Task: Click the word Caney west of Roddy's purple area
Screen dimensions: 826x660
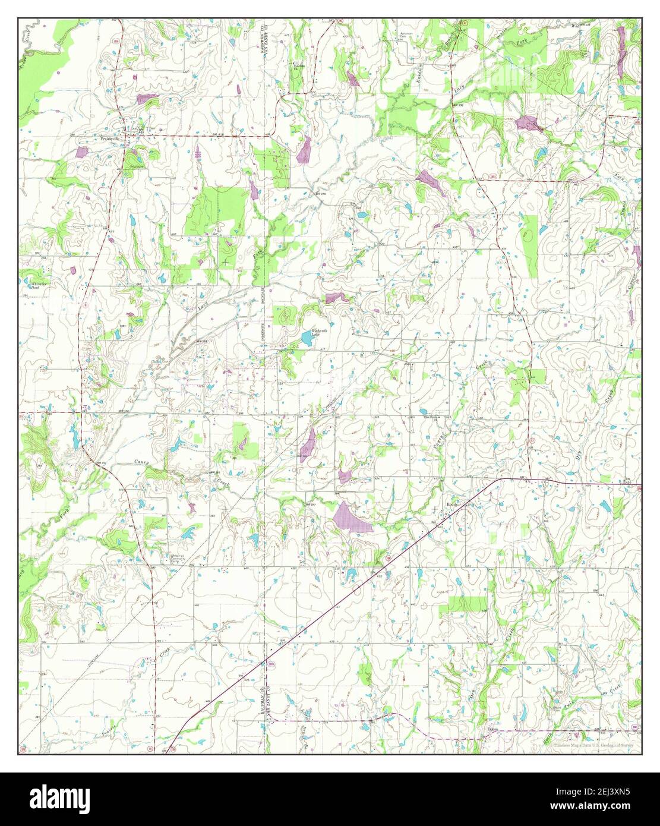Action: point(141,462)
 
